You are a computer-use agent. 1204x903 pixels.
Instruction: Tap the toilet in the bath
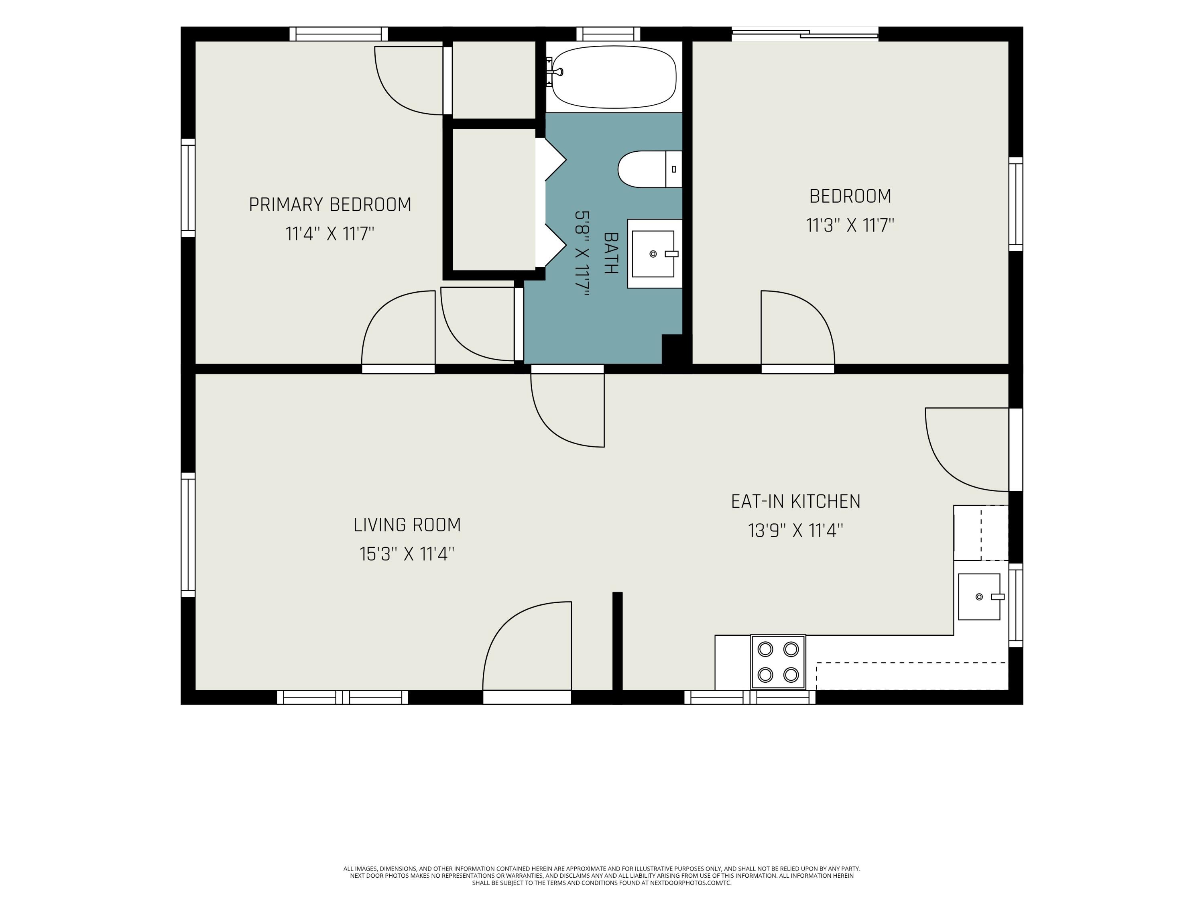point(649,169)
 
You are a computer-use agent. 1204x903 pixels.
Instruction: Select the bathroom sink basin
point(653,254)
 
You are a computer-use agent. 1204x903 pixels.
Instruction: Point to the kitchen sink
point(979,596)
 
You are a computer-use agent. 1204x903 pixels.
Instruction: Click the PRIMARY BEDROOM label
point(330,205)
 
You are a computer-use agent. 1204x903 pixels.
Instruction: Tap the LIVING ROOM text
point(407,525)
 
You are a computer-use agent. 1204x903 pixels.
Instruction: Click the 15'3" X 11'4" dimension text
point(407,554)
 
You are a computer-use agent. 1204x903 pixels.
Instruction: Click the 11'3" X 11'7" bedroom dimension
point(850,225)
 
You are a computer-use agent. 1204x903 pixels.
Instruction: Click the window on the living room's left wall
point(188,535)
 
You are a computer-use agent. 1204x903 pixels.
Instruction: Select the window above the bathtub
point(608,34)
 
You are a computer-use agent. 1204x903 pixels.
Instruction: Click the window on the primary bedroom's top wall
point(339,34)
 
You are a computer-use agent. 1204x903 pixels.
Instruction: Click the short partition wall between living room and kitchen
point(617,648)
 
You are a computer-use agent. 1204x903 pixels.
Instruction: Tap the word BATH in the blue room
point(611,253)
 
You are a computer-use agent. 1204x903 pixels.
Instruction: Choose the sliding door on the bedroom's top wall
point(805,34)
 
